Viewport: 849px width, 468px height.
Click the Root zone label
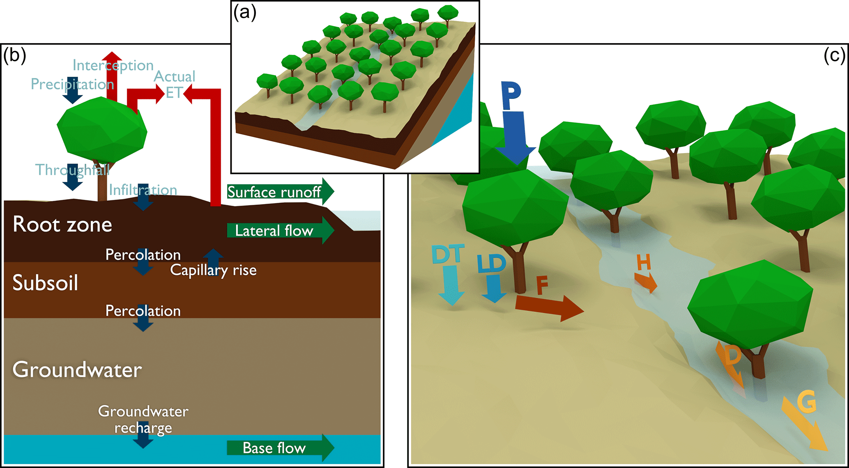[x=62, y=225]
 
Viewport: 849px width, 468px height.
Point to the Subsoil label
[x=45, y=283]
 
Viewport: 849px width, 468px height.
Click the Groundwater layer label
[x=77, y=370]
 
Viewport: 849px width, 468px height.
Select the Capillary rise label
[x=213, y=270]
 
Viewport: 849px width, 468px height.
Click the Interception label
[x=113, y=65]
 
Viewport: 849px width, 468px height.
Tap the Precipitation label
[x=72, y=84]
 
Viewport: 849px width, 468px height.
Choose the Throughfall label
[x=72, y=170]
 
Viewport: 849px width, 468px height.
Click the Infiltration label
[x=143, y=190]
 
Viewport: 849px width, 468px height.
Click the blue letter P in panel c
[x=511, y=95]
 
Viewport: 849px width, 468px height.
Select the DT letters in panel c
[x=448, y=254]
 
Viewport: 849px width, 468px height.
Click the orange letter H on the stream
[x=643, y=262]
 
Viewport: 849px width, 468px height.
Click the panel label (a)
[x=245, y=12]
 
